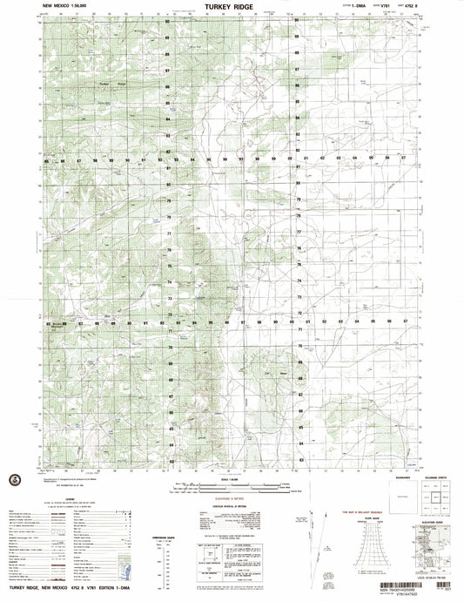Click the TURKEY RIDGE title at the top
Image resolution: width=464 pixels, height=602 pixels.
point(227,5)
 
